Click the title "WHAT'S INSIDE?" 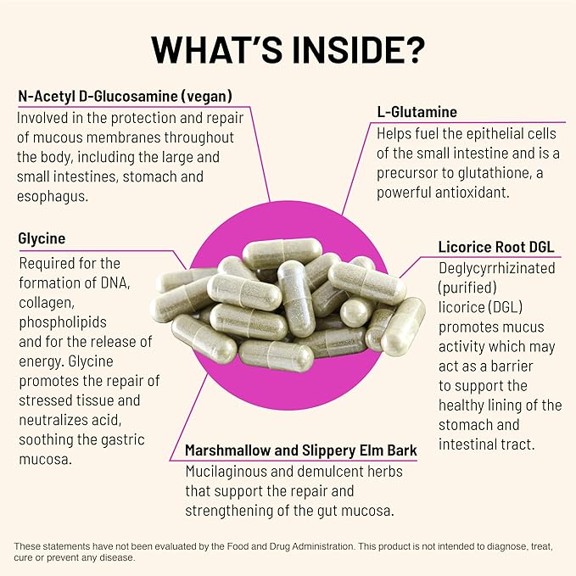(x=288, y=49)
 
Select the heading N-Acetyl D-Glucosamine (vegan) (x=125, y=96)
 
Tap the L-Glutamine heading (x=417, y=112)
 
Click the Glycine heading (x=42, y=239)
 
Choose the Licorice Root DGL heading (x=496, y=248)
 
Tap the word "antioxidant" (x=475, y=193)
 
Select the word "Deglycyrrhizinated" (x=496, y=268)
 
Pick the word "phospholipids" (x=60, y=322)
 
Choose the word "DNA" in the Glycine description (x=114, y=282)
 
